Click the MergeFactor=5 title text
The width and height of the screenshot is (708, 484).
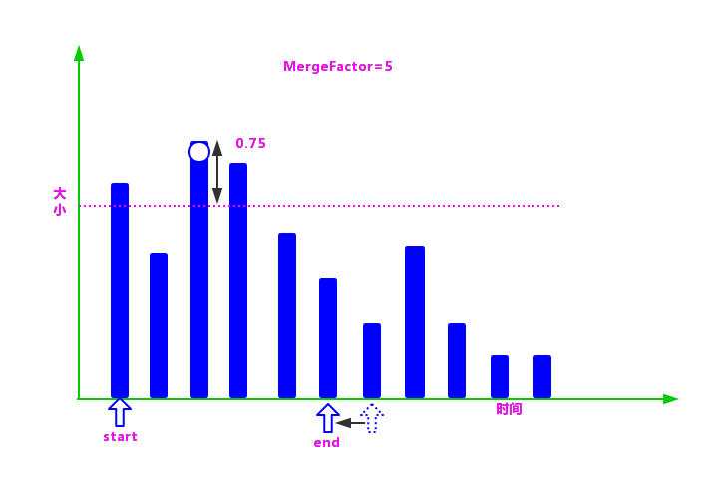pyautogui.click(x=338, y=67)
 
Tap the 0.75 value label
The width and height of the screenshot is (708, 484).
pyautogui.click(x=251, y=144)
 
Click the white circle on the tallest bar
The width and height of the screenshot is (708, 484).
pyautogui.click(x=199, y=152)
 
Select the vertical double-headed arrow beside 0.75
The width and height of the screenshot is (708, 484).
pyautogui.click(x=217, y=172)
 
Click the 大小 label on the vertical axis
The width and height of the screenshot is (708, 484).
pyautogui.click(x=60, y=201)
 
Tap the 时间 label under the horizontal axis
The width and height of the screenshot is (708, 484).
pyautogui.click(x=509, y=409)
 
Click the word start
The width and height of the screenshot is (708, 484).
pyautogui.click(x=120, y=437)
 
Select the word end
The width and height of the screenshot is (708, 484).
pyautogui.click(x=327, y=443)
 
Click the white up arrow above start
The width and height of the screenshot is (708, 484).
pyautogui.click(x=120, y=412)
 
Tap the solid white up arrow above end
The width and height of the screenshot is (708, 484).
pyautogui.click(x=328, y=418)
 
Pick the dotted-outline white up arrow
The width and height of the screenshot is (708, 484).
pyautogui.click(x=372, y=418)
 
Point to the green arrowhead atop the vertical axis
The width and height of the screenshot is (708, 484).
pyautogui.click(x=79, y=53)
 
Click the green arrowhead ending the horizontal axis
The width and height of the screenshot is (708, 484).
pyautogui.click(x=671, y=399)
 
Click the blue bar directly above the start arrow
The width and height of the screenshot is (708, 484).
pyautogui.click(x=120, y=289)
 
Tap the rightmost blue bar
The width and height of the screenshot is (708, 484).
pyautogui.click(x=542, y=376)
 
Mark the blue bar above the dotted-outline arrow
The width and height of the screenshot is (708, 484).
pyautogui.click(x=372, y=360)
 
